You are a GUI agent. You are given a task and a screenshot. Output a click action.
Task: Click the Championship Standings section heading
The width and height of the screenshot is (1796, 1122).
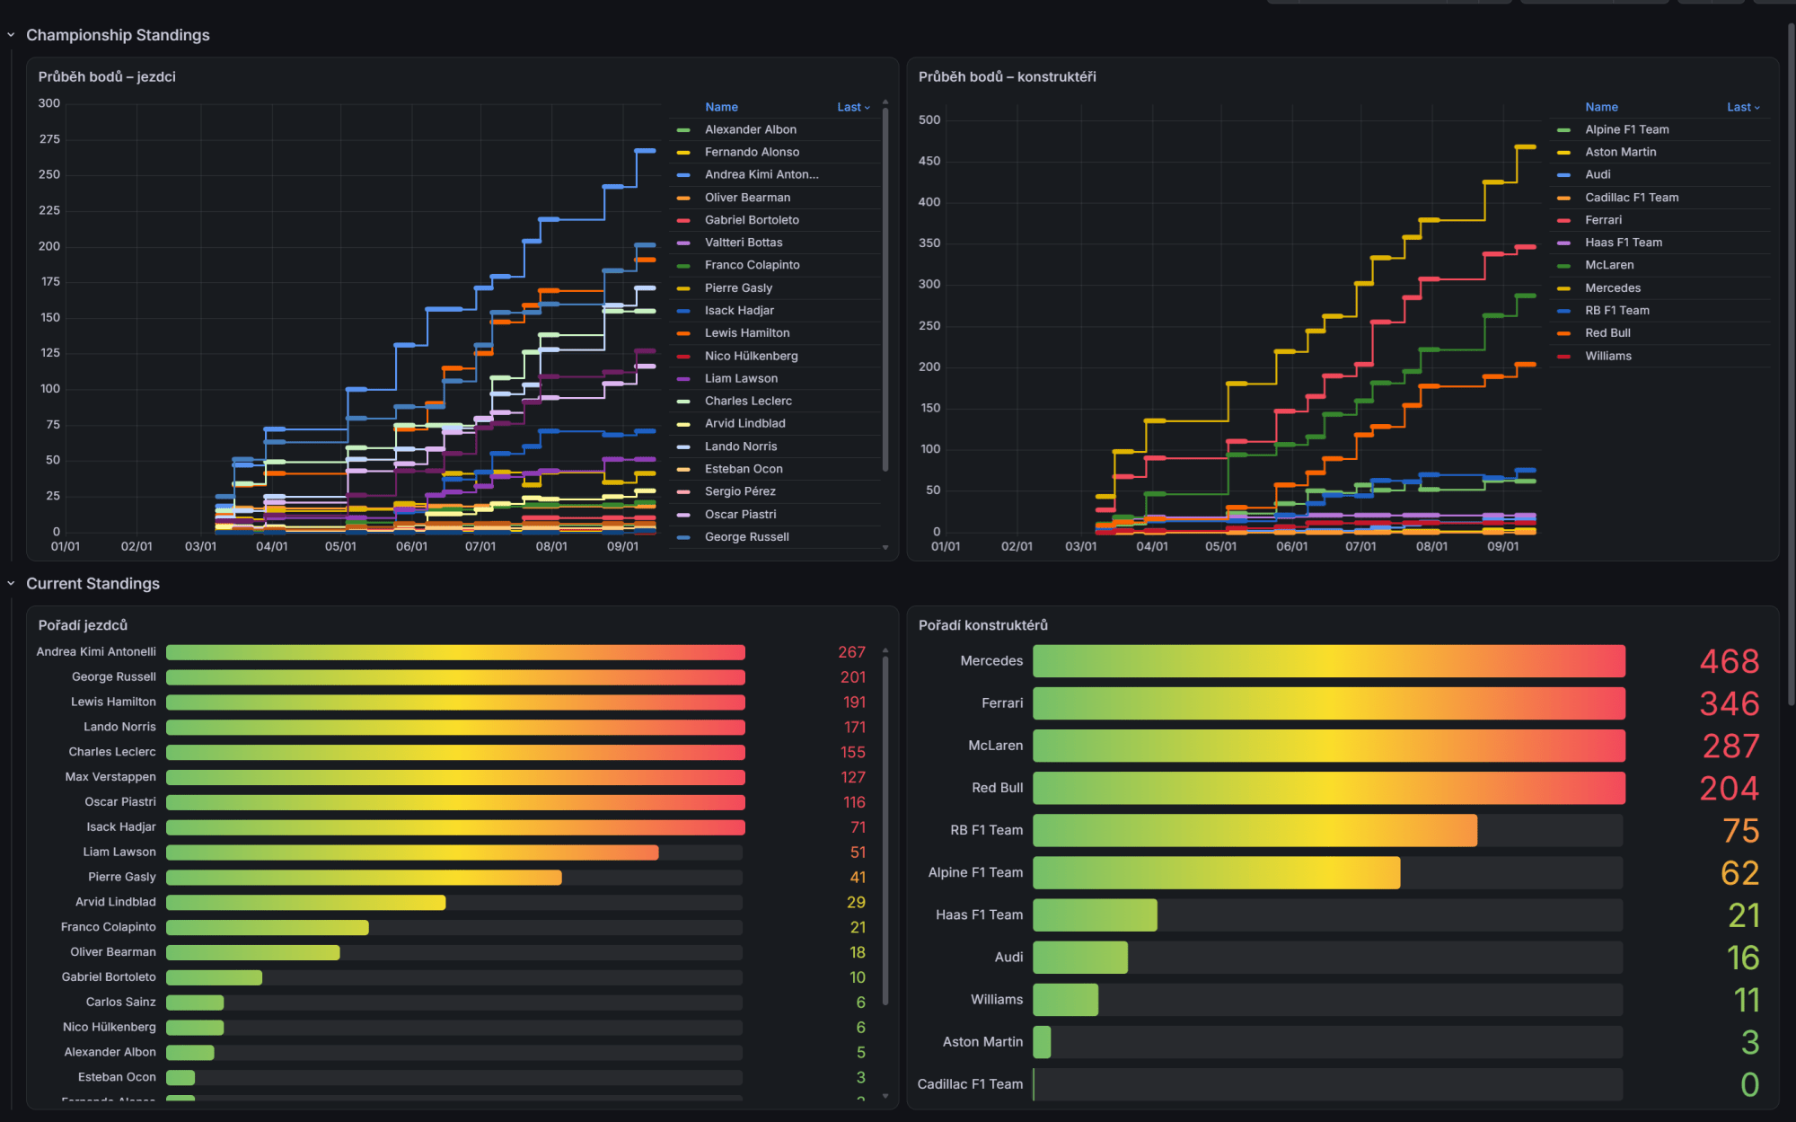[118, 35]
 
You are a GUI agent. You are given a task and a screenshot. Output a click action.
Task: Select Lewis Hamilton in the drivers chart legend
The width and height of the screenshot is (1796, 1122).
[747, 333]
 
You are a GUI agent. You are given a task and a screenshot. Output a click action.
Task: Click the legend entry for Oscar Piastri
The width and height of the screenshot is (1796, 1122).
[740, 515]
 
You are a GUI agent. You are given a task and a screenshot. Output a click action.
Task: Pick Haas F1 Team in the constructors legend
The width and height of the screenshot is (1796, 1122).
[1624, 243]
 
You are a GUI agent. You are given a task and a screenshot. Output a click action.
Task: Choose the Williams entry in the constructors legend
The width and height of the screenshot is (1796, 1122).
[1608, 356]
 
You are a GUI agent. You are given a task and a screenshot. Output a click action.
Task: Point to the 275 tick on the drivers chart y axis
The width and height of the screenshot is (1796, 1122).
[49, 139]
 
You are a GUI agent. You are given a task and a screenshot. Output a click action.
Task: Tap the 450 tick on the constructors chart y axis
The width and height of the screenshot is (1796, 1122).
[929, 161]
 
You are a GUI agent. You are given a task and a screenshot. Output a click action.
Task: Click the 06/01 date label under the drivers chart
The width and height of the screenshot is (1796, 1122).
[411, 546]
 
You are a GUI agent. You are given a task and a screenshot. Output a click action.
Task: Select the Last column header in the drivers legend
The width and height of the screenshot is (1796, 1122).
[849, 107]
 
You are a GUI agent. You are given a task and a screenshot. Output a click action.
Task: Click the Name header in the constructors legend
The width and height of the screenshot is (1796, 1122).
[1601, 107]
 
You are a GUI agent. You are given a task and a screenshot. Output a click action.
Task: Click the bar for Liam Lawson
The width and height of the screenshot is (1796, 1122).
[412, 853]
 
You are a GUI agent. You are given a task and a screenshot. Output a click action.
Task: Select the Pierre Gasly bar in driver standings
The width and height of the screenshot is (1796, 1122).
[364, 878]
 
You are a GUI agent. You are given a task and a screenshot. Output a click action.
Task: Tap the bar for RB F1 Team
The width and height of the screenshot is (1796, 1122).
[1255, 830]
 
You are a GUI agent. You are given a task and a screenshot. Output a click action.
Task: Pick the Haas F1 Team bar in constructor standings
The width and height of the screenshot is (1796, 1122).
[1095, 915]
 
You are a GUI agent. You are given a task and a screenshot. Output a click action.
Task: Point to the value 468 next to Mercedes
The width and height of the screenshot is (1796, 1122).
[1729, 661]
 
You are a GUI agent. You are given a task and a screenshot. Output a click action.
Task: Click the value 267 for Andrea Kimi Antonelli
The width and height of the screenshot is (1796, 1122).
[851, 652]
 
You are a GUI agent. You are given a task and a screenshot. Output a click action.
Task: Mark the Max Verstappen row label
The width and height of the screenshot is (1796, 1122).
[110, 777]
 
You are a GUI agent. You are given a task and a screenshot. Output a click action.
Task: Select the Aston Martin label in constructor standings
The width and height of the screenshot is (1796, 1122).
[982, 1042]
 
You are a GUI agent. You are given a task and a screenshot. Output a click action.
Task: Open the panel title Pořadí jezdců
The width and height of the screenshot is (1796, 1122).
[83, 625]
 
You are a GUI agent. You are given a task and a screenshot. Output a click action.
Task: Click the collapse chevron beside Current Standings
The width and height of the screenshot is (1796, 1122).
[11, 584]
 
